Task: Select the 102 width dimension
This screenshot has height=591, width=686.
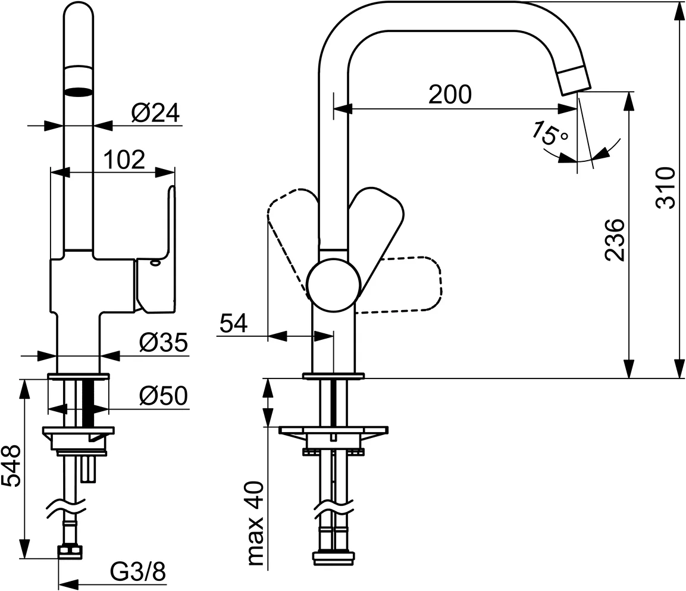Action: (x=124, y=160)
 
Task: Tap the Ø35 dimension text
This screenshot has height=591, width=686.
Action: (x=163, y=342)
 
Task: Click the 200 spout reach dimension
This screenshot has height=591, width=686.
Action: (x=450, y=94)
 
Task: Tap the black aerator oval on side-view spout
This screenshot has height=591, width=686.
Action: (x=79, y=92)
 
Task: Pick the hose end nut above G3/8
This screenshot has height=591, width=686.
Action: (x=70, y=552)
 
